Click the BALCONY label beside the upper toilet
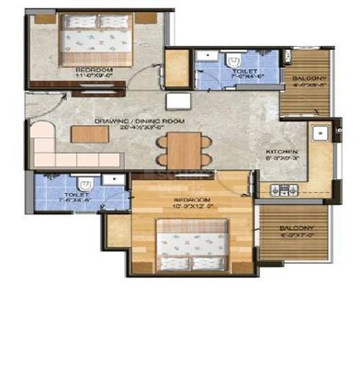pyautogui.click(x=309, y=79)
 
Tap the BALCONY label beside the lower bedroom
pyautogui.click(x=296, y=228)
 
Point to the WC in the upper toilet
pyautogui.click(x=230, y=59)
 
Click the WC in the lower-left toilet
pyautogui.click(x=82, y=180)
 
